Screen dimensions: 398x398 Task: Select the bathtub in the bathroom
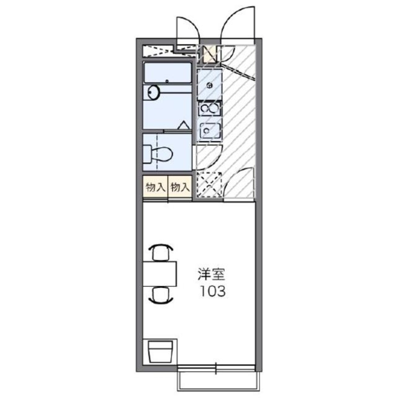(167, 73)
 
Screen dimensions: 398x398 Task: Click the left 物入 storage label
(155, 187)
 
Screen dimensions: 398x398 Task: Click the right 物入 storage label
(180, 187)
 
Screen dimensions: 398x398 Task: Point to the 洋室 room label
(212, 275)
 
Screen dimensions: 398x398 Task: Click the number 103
(212, 292)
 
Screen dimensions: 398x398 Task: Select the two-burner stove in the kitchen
(209, 108)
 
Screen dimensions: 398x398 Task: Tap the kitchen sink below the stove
(209, 129)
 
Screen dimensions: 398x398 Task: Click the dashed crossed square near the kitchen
(209, 185)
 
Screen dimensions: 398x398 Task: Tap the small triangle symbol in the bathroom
(183, 125)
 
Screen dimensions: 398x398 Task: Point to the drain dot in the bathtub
(167, 81)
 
